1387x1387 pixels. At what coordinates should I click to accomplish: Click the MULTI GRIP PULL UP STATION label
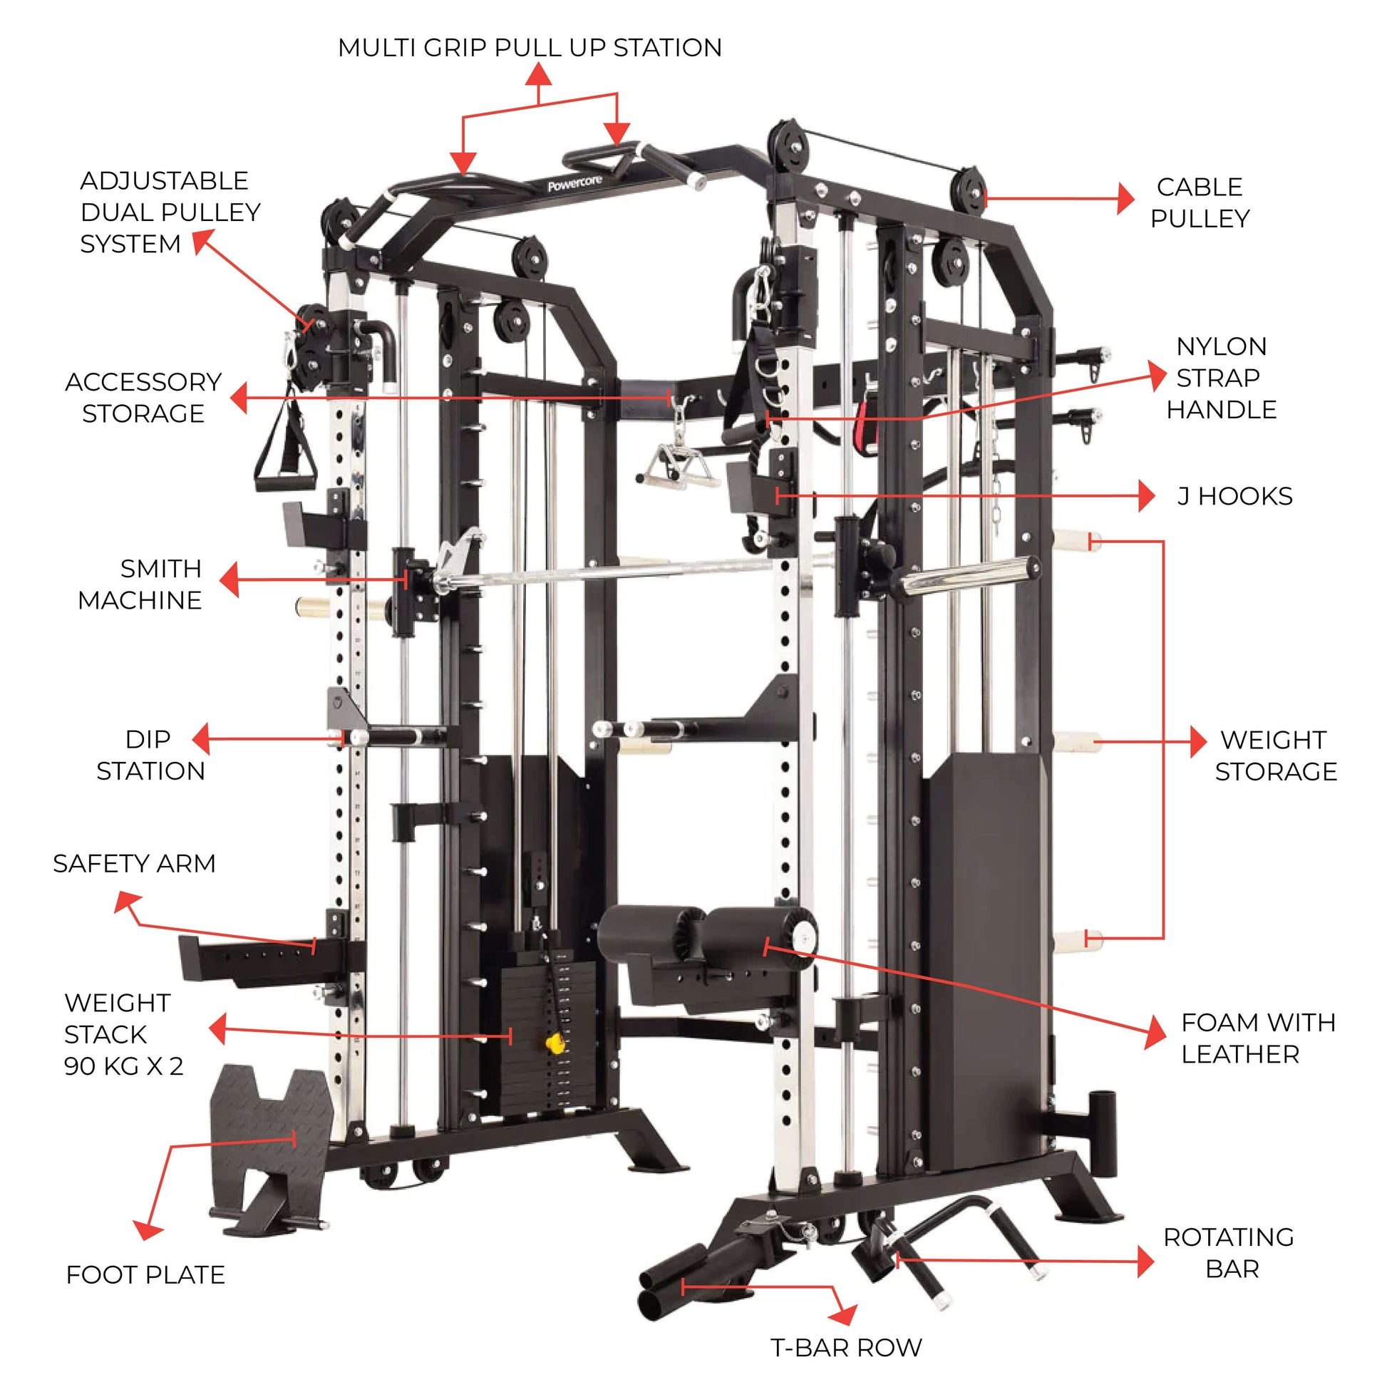[x=530, y=47]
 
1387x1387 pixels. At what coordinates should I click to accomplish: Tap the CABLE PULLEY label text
[x=1200, y=202]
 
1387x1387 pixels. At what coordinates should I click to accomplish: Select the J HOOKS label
[x=1234, y=496]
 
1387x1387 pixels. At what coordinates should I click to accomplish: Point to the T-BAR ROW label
[x=847, y=1348]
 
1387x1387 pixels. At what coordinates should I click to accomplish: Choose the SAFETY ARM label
[x=134, y=863]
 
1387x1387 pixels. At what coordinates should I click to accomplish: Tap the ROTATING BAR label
[x=1228, y=1253]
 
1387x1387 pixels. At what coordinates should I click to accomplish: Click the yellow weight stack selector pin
[x=554, y=1043]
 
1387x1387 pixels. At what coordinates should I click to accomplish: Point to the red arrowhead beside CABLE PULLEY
[x=1125, y=198]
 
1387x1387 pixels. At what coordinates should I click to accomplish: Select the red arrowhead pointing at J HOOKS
[x=1147, y=496]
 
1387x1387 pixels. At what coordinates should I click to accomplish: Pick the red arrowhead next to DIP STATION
[x=202, y=738]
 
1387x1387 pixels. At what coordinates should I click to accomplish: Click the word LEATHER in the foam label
[x=1241, y=1054]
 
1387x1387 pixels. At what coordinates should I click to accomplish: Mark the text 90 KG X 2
[x=123, y=1066]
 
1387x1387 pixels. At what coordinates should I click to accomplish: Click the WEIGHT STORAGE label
[x=1276, y=756]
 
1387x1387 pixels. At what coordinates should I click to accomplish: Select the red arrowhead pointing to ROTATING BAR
[x=1146, y=1262]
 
